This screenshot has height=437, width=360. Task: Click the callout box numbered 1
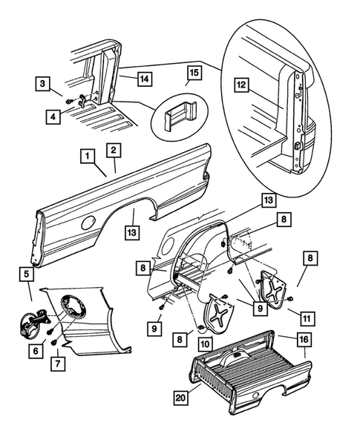[x=88, y=156]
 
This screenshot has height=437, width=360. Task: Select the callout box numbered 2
[x=114, y=151]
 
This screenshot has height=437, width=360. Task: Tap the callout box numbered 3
[x=42, y=83]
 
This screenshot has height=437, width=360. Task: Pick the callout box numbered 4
[x=53, y=116]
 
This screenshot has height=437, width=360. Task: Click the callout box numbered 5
[x=27, y=275]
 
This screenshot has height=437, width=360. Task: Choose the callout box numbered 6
[x=36, y=351]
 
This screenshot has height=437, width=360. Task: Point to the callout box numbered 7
[x=58, y=364]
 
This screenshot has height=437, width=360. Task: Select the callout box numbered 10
[x=205, y=344]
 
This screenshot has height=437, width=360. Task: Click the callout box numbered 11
[x=307, y=318]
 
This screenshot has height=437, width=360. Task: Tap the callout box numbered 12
[x=241, y=85]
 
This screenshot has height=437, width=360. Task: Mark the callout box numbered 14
[x=145, y=79]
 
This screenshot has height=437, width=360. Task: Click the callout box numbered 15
[x=194, y=73]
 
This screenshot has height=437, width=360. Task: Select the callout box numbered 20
[x=180, y=398]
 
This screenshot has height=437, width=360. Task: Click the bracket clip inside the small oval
[x=180, y=115]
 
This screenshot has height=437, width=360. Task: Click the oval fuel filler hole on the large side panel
[x=88, y=223]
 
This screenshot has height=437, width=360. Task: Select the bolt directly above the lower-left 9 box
[x=162, y=307]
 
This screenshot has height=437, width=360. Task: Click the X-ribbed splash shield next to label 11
[x=273, y=289]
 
